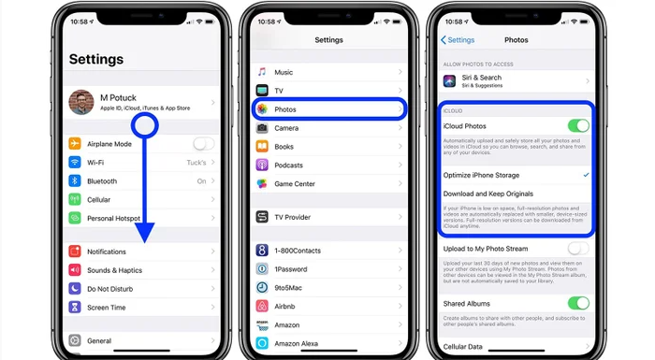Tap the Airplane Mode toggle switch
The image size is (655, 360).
click(x=203, y=144)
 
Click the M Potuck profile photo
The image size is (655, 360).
click(x=81, y=102)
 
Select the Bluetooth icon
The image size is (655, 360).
click(x=75, y=180)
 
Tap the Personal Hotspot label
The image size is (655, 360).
click(x=113, y=218)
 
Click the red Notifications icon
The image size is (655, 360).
click(x=75, y=252)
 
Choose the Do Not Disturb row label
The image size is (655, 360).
click(x=110, y=289)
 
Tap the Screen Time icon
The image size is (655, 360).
click(x=75, y=308)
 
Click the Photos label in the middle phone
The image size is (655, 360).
click(x=284, y=109)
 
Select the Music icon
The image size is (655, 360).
click(x=263, y=72)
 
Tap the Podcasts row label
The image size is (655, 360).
click(x=288, y=165)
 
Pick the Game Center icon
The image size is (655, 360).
click(x=263, y=183)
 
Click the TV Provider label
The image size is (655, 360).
click(x=293, y=217)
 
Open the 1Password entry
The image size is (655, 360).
click(x=290, y=268)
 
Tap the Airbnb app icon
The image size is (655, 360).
click(x=263, y=305)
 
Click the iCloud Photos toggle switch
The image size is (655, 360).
click(x=578, y=125)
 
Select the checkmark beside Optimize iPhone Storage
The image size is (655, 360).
click(x=586, y=175)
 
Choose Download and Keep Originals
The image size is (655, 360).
click(x=494, y=194)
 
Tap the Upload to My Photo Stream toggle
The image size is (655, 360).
click(x=578, y=249)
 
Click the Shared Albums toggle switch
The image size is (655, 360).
click(x=578, y=303)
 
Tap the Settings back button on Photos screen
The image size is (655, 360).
click(x=458, y=40)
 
